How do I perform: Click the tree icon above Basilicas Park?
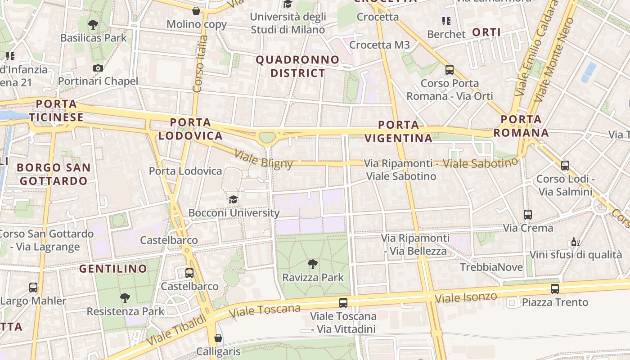coord(93,24)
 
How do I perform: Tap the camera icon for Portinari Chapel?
coord(98,68)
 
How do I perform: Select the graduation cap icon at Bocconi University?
coord(233,199)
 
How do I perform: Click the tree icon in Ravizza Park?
coord(312,264)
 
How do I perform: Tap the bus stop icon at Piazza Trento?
coord(555,288)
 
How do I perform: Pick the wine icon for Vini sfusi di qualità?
coord(575,242)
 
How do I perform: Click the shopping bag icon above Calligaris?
coord(218,337)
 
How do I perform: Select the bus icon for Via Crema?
coord(528,215)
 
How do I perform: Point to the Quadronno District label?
coord(297,66)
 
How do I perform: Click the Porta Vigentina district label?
coord(399,131)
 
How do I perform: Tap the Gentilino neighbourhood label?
coord(113,269)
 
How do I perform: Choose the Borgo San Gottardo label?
coord(54,174)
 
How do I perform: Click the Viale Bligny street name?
coord(263,158)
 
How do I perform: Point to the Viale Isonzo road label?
coord(466,297)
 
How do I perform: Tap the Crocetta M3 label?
coord(379,45)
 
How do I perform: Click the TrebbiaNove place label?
coord(491,267)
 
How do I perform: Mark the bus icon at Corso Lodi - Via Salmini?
coord(565,165)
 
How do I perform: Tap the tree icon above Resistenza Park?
coord(125,297)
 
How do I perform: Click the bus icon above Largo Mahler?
coord(33,287)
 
